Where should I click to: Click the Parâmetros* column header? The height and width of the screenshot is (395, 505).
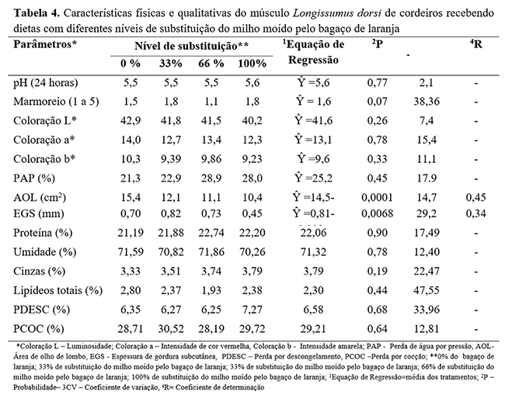(x=44, y=45)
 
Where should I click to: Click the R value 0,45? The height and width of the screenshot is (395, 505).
(x=475, y=195)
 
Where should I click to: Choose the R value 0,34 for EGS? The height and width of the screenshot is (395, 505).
(x=475, y=213)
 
